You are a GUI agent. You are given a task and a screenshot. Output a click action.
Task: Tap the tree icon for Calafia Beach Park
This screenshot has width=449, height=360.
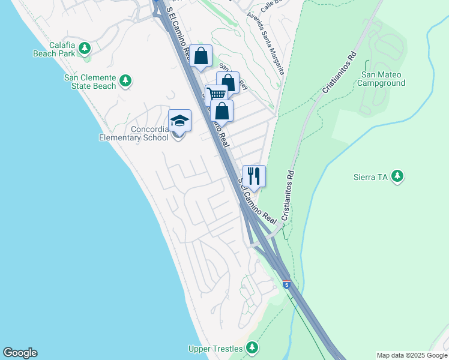coord(85,48)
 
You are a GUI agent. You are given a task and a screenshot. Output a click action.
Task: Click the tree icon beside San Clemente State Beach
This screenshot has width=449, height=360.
coord(125,80)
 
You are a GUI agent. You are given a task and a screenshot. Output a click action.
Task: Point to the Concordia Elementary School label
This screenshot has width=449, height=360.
coord(134,133)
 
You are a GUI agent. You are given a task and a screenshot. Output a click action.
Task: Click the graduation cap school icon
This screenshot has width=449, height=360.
coord(179,121)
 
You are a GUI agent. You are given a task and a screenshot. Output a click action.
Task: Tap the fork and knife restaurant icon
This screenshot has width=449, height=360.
coord(254,176)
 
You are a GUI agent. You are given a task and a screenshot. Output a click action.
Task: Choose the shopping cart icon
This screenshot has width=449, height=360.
coord(216,95)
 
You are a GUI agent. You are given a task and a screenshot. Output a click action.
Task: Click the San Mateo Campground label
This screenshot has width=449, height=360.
coord(381,79)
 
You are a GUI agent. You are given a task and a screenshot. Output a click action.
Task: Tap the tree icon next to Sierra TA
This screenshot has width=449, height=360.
coord(397,176)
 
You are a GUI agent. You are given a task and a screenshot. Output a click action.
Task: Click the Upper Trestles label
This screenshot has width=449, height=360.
coord(215,349)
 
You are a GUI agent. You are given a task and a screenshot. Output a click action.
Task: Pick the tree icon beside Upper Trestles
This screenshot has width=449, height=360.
coord(252,348)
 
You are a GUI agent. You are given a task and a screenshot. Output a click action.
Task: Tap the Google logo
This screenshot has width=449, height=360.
coord(20,353)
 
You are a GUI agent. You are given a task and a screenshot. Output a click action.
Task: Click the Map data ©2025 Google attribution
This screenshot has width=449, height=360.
coord(411,355)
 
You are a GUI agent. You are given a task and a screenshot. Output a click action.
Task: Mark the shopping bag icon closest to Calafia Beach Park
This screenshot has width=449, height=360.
coord(202,56)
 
